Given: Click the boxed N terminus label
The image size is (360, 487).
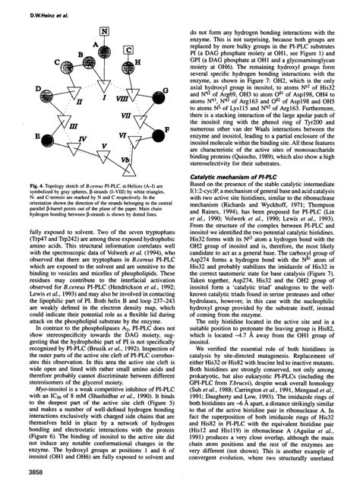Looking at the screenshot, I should (103, 32).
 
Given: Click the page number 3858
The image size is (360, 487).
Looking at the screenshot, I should (19, 475).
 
